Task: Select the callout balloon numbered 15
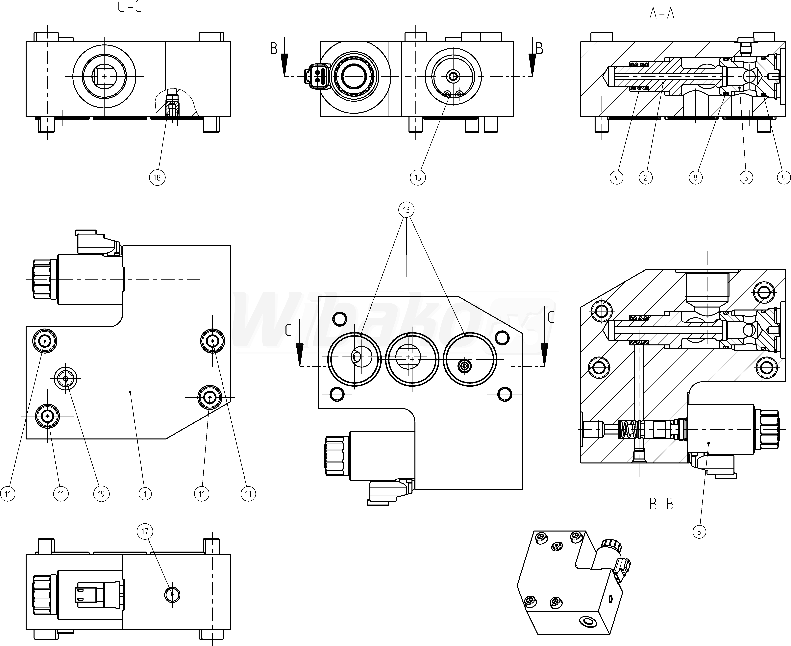coord(417,178)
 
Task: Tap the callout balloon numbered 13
coord(406,210)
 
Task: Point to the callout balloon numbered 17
coord(145,531)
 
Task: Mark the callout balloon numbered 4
coord(616,178)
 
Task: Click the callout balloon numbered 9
coord(784,178)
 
